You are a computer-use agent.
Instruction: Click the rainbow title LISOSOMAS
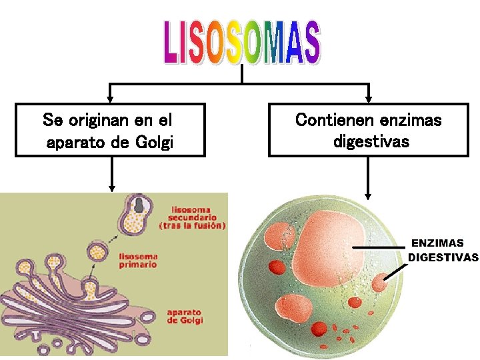(x=241, y=43)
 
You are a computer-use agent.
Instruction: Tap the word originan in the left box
(x=99, y=121)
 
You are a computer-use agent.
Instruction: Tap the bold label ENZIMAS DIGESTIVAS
(x=443, y=250)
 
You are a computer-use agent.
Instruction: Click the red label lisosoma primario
(x=138, y=259)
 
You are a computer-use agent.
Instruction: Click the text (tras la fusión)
(x=193, y=225)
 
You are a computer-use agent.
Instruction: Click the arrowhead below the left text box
(x=112, y=188)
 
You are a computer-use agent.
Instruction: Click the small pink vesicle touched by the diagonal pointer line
(x=380, y=283)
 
